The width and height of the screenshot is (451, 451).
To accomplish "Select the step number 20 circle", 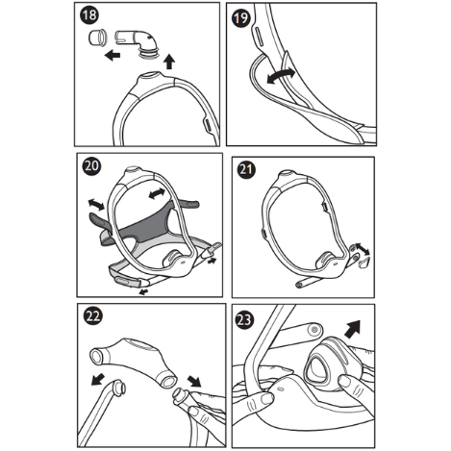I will click(89, 165).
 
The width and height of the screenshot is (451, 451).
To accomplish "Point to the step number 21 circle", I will click(244, 168).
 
